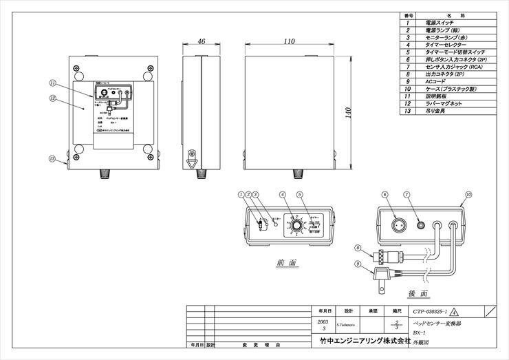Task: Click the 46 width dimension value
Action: (202, 42)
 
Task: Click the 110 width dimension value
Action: (289, 42)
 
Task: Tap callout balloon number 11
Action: (52, 83)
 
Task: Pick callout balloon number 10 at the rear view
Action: (468, 195)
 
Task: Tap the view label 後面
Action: (418, 293)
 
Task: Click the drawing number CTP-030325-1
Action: (432, 311)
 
